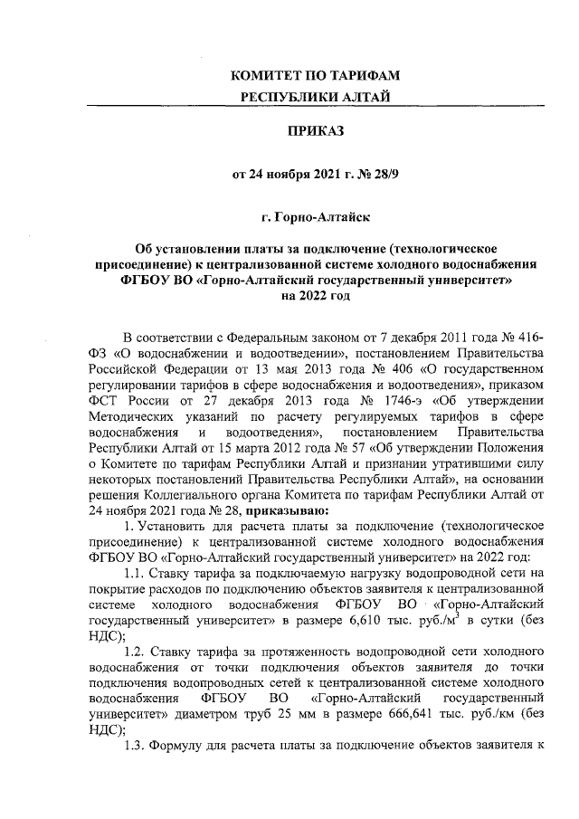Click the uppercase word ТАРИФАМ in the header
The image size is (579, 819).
click(x=365, y=75)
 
